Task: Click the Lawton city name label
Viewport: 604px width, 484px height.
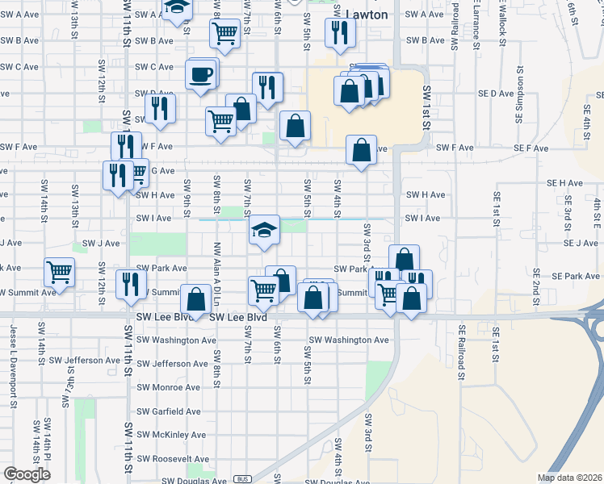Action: point(366,15)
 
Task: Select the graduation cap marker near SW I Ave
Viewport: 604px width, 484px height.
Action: point(264,231)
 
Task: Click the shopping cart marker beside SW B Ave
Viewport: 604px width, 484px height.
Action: point(224,34)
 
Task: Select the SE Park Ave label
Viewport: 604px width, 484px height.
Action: point(553,276)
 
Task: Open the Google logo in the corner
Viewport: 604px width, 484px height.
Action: point(27,474)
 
